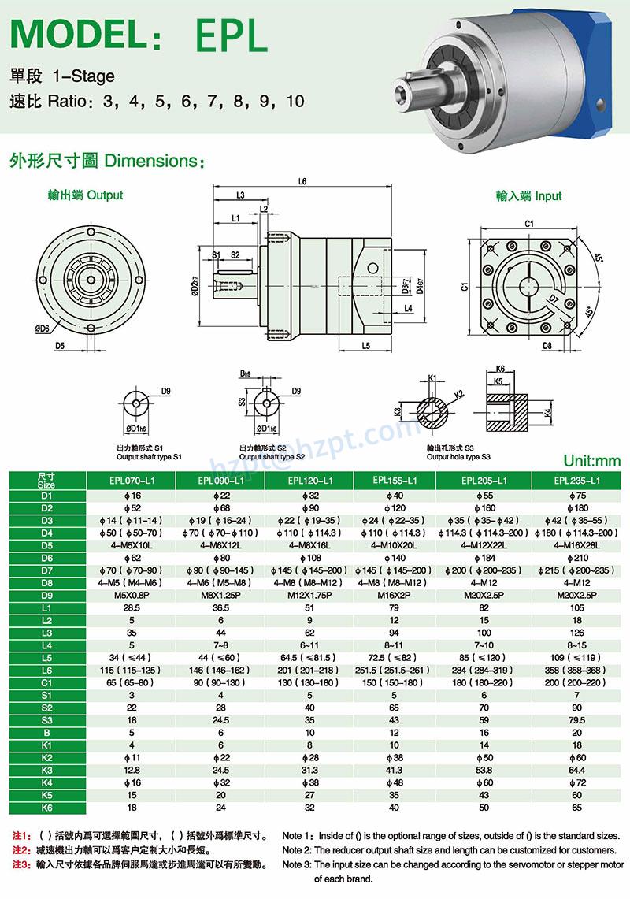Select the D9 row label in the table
click(46, 582)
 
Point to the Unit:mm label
click(591, 461)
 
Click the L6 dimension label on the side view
click(302, 181)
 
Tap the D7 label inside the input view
click(553, 300)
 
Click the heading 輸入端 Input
click(528, 195)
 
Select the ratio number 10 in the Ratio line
click(295, 101)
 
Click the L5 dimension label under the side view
click(366, 345)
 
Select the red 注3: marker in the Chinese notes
click(21, 864)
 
